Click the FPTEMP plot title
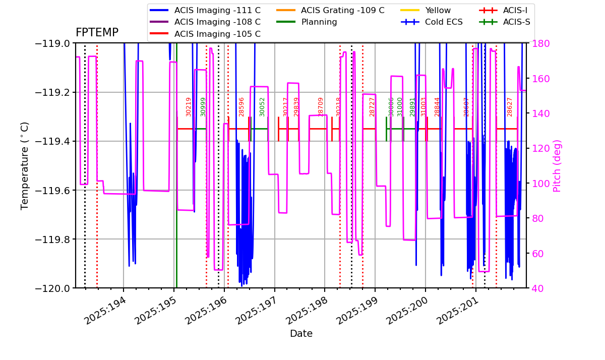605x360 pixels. click(x=97, y=33)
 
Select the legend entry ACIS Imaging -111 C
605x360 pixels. click(x=217, y=10)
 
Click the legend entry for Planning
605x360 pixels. click(x=319, y=22)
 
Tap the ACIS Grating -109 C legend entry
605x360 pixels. click(x=342, y=10)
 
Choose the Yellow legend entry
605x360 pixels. click(x=438, y=10)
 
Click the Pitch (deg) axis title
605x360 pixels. click(x=557, y=165)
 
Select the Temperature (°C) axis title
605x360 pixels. click(x=25, y=165)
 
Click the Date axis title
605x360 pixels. click(x=301, y=334)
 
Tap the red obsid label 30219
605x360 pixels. click(x=189, y=107)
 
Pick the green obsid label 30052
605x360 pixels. click(x=262, y=107)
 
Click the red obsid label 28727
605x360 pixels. click(x=372, y=107)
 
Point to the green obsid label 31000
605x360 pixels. click(x=400, y=107)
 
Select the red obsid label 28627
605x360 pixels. click(x=510, y=107)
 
